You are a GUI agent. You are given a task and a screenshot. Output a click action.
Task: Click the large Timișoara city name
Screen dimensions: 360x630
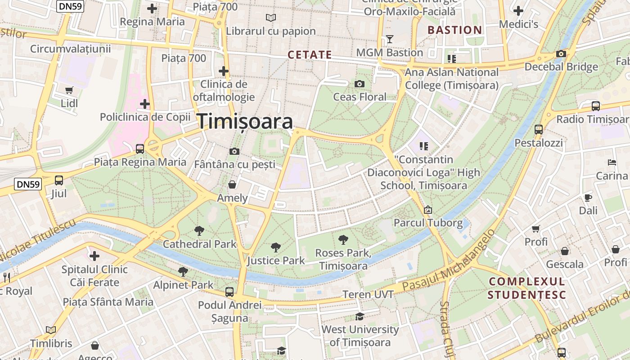click(245, 121)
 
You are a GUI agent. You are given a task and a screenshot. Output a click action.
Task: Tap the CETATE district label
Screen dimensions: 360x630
click(310, 55)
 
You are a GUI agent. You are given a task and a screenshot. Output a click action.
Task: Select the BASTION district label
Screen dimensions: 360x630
click(454, 30)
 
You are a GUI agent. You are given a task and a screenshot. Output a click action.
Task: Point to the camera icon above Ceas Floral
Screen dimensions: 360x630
click(359, 84)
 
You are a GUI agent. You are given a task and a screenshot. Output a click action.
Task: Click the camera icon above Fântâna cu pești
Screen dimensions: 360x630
click(234, 151)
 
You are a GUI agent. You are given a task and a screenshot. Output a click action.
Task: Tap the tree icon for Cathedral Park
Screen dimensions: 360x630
click(199, 231)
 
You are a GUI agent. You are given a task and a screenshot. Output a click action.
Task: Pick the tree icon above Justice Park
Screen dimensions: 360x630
click(276, 247)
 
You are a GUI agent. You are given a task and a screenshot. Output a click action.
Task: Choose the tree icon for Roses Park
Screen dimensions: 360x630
click(343, 239)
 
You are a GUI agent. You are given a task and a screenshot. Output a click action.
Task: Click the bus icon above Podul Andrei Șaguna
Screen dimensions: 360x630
click(229, 292)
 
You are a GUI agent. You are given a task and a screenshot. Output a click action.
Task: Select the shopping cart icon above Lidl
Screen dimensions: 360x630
click(69, 90)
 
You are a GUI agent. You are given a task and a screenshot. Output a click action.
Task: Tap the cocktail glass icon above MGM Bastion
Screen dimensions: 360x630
click(390, 39)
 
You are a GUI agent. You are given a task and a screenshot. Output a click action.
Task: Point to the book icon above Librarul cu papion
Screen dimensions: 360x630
click(270, 18)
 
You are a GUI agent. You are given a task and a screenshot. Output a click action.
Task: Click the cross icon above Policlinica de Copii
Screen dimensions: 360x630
click(144, 104)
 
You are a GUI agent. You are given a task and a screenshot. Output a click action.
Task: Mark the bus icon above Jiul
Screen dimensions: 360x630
click(59, 180)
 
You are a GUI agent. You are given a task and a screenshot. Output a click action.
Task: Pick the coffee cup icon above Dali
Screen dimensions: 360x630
click(588, 197)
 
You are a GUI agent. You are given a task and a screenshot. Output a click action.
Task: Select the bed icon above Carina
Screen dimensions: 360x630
click(612, 162)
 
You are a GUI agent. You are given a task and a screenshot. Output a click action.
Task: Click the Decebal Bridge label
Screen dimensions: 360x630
click(561, 67)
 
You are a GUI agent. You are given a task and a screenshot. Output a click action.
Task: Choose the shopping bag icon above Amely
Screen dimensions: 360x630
click(232, 184)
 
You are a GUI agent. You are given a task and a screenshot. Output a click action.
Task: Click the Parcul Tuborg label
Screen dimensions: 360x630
click(428, 223)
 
